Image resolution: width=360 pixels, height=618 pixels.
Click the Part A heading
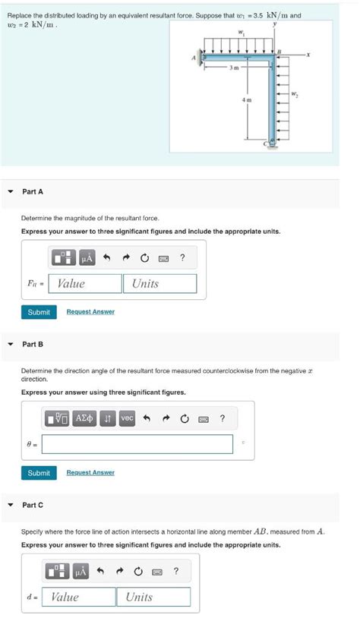(x=33, y=192)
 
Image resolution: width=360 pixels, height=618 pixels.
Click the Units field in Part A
(x=159, y=283)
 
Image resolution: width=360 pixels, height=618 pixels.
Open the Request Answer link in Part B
(x=90, y=472)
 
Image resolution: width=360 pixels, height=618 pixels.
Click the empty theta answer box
(x=137, y=444)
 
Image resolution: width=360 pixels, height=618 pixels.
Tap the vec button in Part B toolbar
(x=127, y=418)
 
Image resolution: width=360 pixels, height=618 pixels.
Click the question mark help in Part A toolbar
(x=182, y=259)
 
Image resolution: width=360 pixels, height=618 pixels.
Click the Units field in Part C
(x=153, y=597)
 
